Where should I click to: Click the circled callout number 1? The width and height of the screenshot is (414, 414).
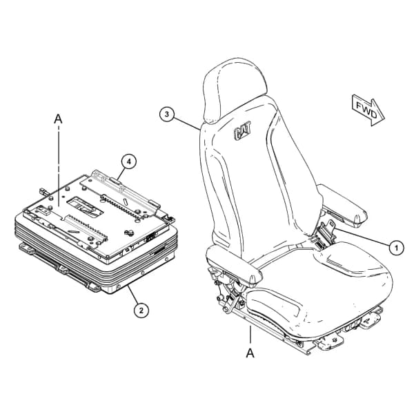(396, 248)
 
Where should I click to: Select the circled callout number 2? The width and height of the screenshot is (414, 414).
(141, 310)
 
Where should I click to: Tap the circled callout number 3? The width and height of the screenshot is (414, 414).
(167, 115)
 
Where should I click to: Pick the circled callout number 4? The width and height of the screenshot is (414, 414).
(128, 162)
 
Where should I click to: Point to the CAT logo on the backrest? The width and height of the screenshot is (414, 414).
(242, 130)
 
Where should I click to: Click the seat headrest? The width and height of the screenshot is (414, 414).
(235, 90)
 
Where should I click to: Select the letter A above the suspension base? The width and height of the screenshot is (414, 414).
(58, 119)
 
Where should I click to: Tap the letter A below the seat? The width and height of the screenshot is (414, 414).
(250, 353)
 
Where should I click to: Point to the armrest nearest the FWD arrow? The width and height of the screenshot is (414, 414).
(342, 206)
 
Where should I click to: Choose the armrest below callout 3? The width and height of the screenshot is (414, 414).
(234, 266)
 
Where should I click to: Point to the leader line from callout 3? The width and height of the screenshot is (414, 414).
(186, 123)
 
